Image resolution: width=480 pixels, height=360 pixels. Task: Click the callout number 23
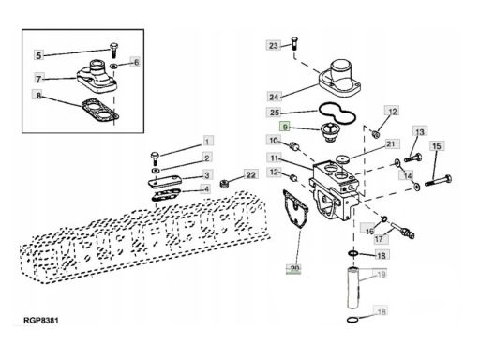coord(274,46)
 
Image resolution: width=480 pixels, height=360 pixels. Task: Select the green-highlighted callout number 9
coord(285,127)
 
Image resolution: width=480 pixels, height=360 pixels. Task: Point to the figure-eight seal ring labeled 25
coord(337,114)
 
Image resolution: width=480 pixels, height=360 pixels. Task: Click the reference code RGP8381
coord(40,321)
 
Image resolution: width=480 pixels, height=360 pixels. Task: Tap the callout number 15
coord(437,146)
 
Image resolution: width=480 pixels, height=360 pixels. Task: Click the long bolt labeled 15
coord(438,180)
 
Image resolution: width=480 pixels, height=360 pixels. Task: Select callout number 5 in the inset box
coord(38,55)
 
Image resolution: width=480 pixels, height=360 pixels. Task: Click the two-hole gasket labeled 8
coord(100,111)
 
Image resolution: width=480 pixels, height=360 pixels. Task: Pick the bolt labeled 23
coord(294,43)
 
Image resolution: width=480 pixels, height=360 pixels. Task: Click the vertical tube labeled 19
coord(353,288)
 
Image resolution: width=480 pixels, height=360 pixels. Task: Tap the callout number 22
coord(251,174)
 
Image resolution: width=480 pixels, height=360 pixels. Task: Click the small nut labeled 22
coord(224,184)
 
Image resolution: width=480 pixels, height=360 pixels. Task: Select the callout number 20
coord(294,268)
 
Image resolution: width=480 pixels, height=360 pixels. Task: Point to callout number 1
coord(207,142)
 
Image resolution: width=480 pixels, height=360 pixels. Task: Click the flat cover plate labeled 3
coord(165,182)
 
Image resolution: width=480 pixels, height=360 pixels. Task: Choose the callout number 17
coord(379,239)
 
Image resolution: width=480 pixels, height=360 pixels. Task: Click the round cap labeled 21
coord(343,159)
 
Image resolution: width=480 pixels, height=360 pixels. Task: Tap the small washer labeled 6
coord(114,66)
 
